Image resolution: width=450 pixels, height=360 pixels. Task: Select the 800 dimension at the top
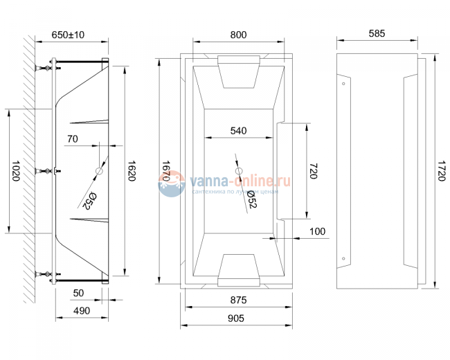237,34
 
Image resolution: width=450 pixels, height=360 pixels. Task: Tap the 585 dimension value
377,34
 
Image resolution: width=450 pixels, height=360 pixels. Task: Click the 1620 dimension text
132,171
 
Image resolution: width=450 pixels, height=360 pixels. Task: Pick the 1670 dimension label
165,171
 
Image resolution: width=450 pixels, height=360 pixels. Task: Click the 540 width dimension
238,130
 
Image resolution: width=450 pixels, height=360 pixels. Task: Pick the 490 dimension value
82,311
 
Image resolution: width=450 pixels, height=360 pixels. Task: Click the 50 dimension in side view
78,292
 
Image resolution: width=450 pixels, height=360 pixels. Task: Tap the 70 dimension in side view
73,138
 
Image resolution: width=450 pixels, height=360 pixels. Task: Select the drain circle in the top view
239,171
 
